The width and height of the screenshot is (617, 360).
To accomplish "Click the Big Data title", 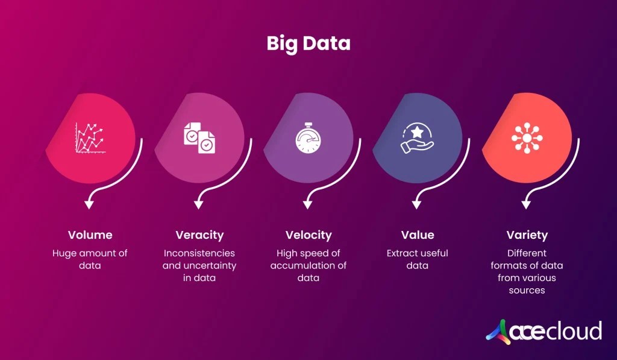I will point(308,44).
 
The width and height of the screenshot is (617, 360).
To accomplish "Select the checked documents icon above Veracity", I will point(199,137).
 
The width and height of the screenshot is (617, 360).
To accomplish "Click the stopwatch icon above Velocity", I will point(308,137).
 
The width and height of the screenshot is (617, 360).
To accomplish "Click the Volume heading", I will point(90,235).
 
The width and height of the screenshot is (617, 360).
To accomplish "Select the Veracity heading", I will point(199,235).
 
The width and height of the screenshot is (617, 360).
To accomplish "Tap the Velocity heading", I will point(308,235).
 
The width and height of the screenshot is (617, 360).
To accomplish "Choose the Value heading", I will point(418,235).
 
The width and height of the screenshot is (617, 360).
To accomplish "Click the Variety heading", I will point(527,235).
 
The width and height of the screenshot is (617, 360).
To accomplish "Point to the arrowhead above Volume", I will point(89,205).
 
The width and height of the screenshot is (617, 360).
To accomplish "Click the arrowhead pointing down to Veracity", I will point(198,205).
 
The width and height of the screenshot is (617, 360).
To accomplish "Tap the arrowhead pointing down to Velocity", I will point(308,205).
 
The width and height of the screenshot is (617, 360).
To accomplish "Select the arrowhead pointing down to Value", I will point(417,205).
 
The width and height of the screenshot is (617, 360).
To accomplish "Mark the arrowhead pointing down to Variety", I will point(526,205).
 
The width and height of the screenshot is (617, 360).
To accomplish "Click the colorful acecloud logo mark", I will point(499,331).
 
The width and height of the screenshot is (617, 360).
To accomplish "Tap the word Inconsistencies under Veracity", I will point(199,253).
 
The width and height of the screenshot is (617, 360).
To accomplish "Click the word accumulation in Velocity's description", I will point(298,266).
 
